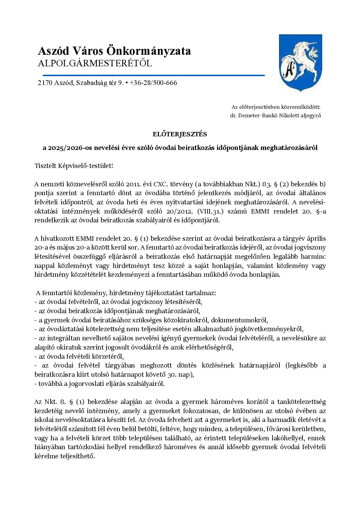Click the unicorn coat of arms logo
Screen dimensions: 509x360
[x=300, y=63]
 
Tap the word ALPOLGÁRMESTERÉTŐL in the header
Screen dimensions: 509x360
[x=95, y=64]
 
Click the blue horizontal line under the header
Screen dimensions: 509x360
[x=151, y=75]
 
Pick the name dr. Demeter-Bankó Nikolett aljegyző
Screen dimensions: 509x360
[x=275, y=116]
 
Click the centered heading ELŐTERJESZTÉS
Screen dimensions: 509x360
[x=180, y=134]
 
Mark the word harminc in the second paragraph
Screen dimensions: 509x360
[x=312, y=256]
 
